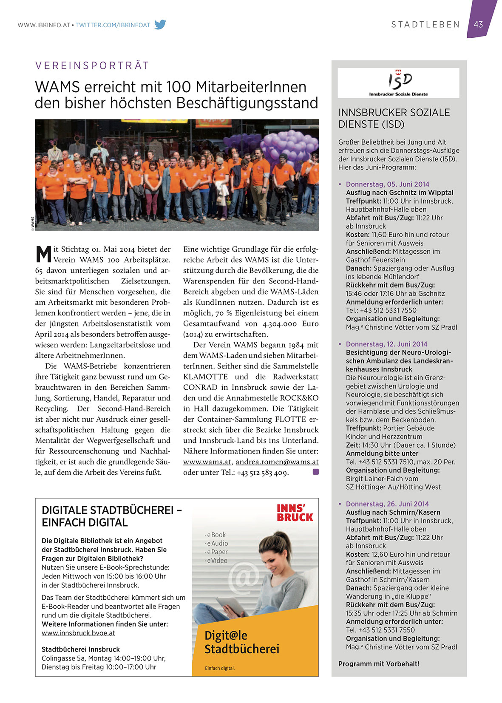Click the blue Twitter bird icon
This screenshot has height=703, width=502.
click(x=160, y=24)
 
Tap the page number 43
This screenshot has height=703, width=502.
click(x=478, y=25)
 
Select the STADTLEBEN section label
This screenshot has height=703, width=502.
click(x=425, y=25)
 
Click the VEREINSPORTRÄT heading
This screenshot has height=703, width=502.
click(x=92, y=65)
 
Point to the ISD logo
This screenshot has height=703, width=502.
click(x=398, y=82)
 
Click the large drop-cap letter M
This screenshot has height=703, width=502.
click(x=43, y=254)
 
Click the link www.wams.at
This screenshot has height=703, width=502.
click(x=207, y=462)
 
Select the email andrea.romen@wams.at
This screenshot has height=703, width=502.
click(x=277, y=462)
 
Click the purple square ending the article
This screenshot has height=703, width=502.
click(x=315, y=472)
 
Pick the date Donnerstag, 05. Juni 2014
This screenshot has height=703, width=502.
click(x=387, y=184)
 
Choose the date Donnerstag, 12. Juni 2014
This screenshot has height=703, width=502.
click(x=386, y=344)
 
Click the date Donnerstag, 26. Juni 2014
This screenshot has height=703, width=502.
click(x=387, y=504)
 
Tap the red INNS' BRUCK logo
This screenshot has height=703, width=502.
click(x=295, y=513)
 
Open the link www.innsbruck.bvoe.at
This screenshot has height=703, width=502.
click(x=78, y=633)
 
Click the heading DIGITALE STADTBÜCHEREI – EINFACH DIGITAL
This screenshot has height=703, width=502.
click(x=111, y=516)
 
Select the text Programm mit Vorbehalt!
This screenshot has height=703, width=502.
click(x=378, y=663)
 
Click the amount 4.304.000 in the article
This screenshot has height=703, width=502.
click(x=280, y=324)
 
